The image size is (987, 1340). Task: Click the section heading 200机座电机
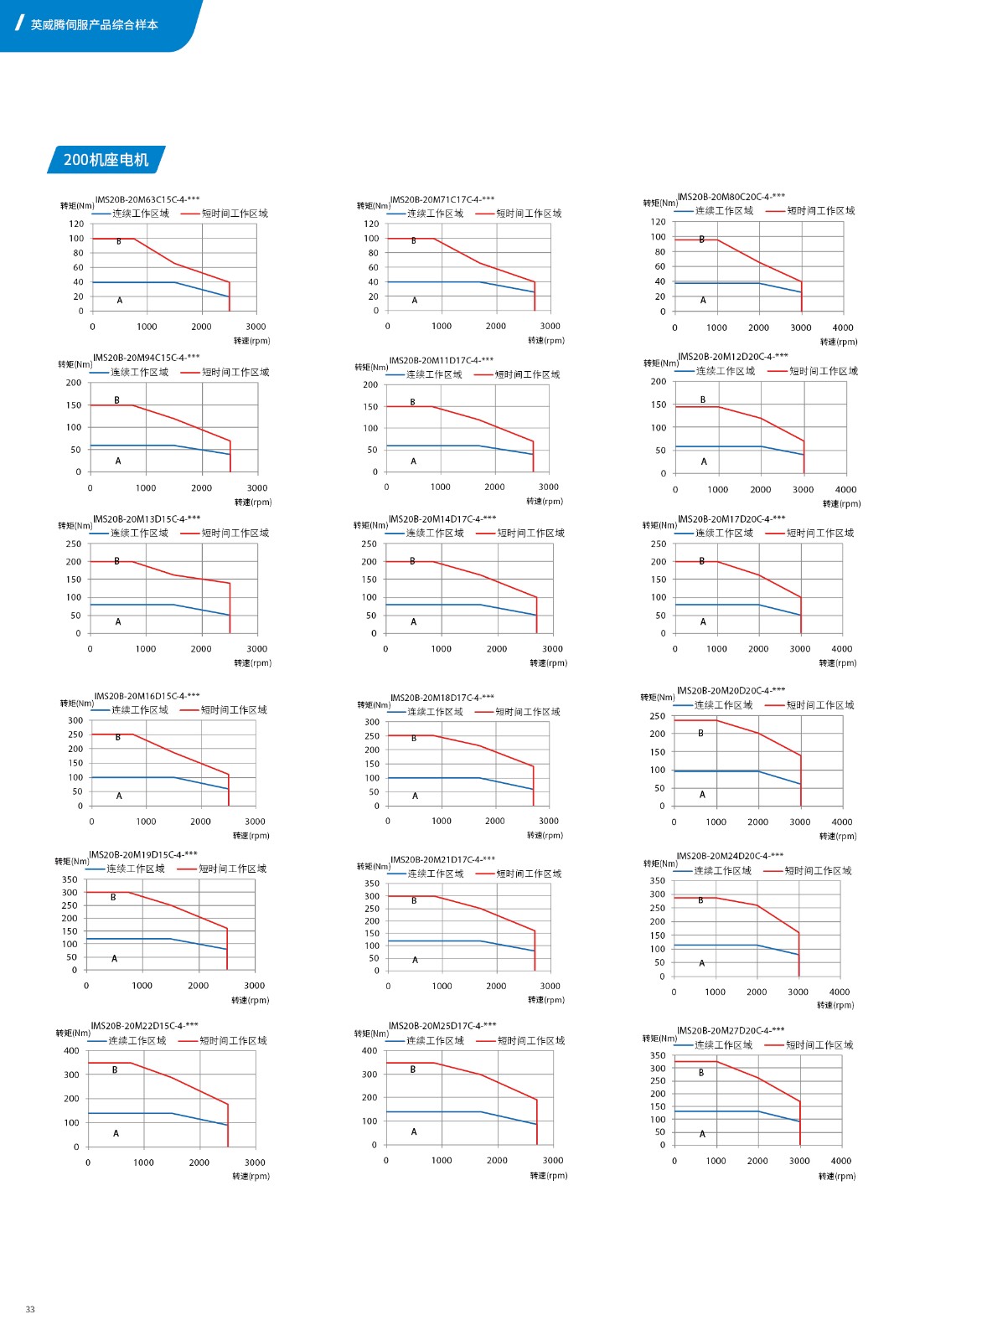(x=106, y=160)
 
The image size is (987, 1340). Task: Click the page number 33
(x=30, y=1309)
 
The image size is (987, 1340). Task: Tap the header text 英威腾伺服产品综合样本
(x=94, y=25)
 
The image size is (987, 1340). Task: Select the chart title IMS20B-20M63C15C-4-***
(x=147, y=199)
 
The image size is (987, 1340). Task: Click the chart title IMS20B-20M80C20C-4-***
(x=731, y=197)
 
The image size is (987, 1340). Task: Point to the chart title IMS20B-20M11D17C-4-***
(x=441, y=360)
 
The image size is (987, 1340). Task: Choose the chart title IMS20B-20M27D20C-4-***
(x=731, y=1030)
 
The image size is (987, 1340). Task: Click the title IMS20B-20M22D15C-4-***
(x=144, y=1025)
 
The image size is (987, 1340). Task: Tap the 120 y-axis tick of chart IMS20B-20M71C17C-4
(x=371, y=224)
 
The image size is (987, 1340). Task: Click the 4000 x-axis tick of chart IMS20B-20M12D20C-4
(x=845, y=490)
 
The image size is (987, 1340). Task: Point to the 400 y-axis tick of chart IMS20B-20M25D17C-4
(x=369, y=1050)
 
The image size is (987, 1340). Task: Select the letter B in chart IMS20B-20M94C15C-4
(x=116, y=400)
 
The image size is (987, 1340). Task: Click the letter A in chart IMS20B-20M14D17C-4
(x=413, y=622)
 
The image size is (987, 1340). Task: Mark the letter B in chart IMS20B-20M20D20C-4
(x=700, y=734)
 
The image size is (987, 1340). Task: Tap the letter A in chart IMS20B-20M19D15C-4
(x=115, y=959)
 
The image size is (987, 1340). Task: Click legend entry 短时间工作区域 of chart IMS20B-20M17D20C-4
(x=819, y=533)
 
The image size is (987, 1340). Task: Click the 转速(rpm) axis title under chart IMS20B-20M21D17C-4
(x=546, y=1000)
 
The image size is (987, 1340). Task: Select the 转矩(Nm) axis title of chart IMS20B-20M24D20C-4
(x=660, y=863)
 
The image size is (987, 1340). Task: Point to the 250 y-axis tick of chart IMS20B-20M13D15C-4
(x=74, y=544)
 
